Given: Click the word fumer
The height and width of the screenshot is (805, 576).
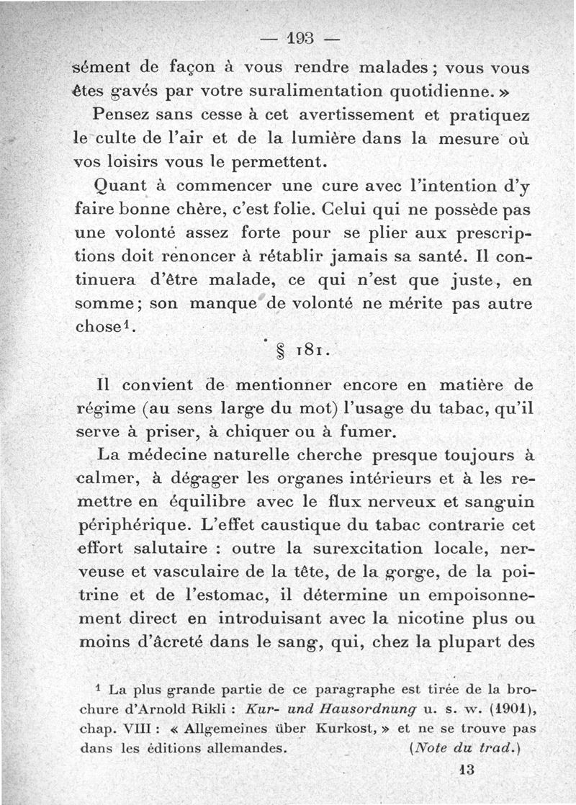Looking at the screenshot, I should coord(396,431).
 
